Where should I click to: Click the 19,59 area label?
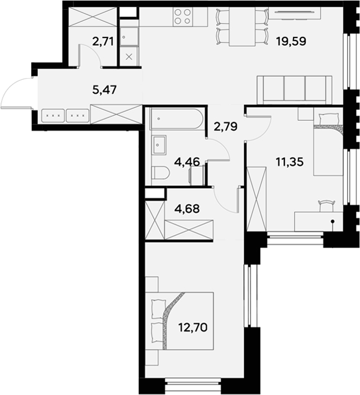pyautogui.click(x=291, y=41)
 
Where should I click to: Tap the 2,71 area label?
pyautogui.click(x=103, y=42)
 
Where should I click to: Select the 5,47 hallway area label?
pyautogui.click(x=105, y=90)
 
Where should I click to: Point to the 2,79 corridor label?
pyautogui.click(x=225, y=126)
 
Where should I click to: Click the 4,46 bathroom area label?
pyautogui.click(x=187, y=162)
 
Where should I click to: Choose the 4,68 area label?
pyautogui.click(x=187, y=209)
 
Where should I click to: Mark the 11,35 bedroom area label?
pyautogui.click(x=290, y=162)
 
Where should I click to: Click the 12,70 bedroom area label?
pyautogui.click(x=193, y=327)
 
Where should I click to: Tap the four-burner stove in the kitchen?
pyautogui.click(x=182, y=16)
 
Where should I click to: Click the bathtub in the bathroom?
pyautogui.click(x=176, y=119)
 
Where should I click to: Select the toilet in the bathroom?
pyautogui.click(x=161, y=173)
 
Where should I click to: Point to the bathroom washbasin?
pyautogui.click(x=159, y=145)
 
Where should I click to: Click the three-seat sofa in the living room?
pyautogui.click(x=294, y=90)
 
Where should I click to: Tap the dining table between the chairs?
pyautogui.click(x=242, y=27)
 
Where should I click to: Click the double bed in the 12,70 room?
pyautogui.click(x=180, y=321)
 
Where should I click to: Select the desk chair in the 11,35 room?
pyautogui.click(x=326, y=205)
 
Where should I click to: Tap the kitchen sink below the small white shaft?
pyautogui.click(x=129, y=37)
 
